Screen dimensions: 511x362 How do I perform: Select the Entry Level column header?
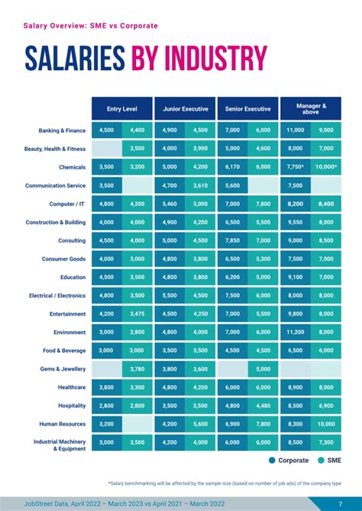point(121,108)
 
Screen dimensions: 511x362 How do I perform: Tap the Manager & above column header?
point(311,108)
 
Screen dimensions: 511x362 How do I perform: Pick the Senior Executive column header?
point(247,108)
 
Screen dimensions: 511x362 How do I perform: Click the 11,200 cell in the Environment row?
point(295,333)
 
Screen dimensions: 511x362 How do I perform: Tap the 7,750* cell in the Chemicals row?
point(295,167)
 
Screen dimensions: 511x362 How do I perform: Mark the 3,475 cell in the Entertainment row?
point(137,314)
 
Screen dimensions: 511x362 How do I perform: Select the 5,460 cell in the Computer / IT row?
point(170,204)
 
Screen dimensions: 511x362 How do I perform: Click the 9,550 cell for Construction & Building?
point(295,223)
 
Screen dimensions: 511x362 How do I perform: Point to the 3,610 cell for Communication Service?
point(200,185)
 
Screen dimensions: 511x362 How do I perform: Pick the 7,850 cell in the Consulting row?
point(232,241)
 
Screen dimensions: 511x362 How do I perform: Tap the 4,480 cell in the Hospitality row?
point(263,406)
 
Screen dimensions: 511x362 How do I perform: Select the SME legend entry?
point(328,460)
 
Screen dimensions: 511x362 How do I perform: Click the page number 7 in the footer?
point(340,503)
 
